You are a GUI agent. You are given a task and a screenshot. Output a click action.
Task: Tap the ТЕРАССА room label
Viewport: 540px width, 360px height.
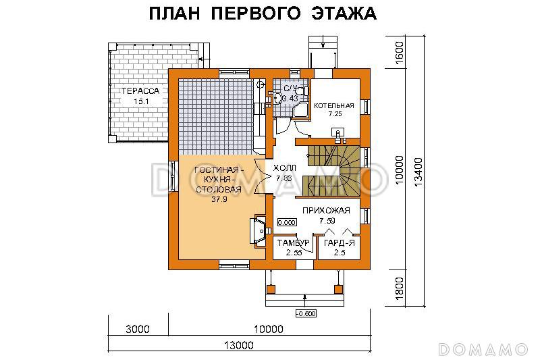[140, 91]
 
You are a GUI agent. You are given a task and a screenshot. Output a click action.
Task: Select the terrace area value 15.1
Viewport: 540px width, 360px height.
[140, 101]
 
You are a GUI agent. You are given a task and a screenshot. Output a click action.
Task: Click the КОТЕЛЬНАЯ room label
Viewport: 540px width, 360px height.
[333, 105]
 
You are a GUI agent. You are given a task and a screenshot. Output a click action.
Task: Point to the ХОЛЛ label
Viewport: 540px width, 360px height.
[283, 168]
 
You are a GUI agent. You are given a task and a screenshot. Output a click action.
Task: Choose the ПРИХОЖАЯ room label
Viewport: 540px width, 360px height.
[326, 210]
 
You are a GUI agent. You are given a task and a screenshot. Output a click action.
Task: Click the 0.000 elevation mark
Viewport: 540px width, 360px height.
[287, 222]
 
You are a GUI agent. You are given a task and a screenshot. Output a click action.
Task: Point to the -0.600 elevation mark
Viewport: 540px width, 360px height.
[306, 313]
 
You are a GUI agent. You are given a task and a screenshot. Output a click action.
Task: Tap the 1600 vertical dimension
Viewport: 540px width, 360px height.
[399, 52]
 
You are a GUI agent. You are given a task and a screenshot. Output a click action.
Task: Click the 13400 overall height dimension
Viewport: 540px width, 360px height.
[418, 172]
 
